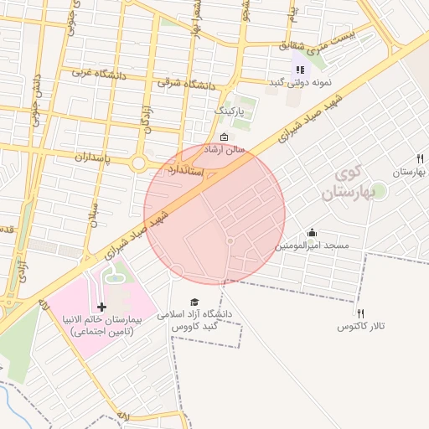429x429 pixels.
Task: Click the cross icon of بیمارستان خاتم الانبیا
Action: click(x=102, y=308)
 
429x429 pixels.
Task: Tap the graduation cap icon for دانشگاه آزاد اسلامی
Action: click(x=195, y=302)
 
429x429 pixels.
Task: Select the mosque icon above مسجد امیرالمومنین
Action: click(x=313, y=233)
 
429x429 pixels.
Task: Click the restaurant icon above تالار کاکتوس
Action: click(x=360, y=313)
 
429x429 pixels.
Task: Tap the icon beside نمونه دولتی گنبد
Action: click(x=299, y=70)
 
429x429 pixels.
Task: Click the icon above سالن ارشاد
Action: click(x=223, y=137)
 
